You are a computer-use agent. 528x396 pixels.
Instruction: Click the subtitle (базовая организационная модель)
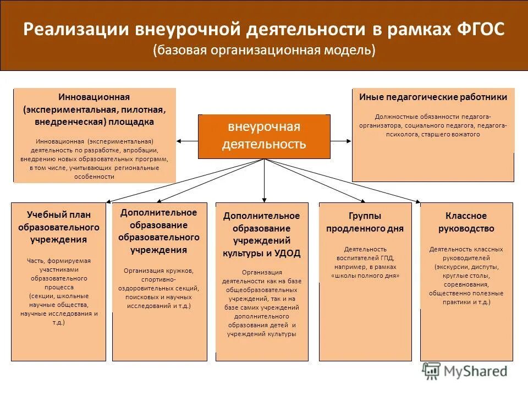(264, 51)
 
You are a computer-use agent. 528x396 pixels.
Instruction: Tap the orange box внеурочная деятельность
(264, 136)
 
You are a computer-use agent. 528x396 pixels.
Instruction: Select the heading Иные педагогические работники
(433, 97)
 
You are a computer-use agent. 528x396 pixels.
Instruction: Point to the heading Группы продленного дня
(365, 222)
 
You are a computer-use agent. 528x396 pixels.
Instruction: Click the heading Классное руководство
(466, 222)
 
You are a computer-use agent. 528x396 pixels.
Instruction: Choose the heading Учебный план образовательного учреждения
(59, 227)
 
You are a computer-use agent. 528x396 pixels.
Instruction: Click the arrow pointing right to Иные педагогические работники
(348, 141)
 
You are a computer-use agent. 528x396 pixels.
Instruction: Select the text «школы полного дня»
(365, 276)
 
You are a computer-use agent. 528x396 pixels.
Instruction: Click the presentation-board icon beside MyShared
(431, 370)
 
